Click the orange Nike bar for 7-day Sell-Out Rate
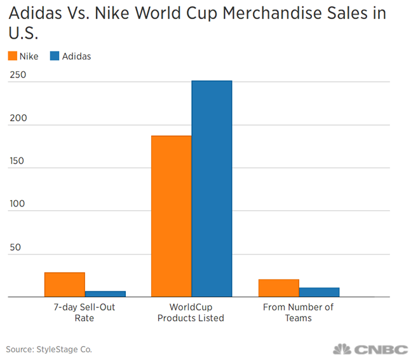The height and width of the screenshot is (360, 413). click(x=64, y=284)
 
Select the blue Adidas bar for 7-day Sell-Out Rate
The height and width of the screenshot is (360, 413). click(x=105, y=294)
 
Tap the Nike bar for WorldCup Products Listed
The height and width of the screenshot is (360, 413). click(x=171, y=216)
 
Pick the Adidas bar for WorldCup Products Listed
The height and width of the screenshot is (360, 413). click(x=212, y=189)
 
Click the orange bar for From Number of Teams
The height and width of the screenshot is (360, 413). click(x=278, y=288)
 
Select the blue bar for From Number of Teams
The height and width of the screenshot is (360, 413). click(x=319, y=292)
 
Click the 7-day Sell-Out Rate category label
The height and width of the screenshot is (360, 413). click(x=85, y=312)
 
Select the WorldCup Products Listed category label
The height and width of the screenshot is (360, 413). click(x=191, y=312)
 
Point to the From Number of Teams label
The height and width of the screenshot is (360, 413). click(x=298, y=312)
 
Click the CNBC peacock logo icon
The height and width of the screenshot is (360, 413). click(x=342, y=349)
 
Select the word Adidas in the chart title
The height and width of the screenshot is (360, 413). click(x=36, y=13)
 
